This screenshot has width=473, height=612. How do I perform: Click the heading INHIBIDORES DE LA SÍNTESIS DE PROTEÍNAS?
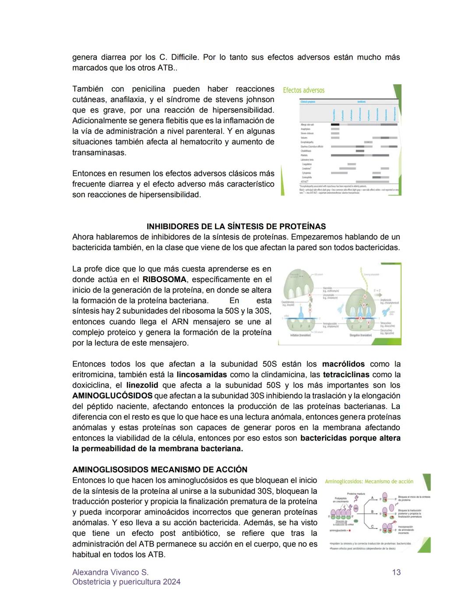pos(236,226)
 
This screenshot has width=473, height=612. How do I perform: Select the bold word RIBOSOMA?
pos(165,279)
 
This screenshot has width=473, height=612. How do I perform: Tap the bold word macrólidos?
pos(343,364)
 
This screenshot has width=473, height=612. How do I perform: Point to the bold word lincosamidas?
pos(202,375)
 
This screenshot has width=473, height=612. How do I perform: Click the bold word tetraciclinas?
pos(346,375)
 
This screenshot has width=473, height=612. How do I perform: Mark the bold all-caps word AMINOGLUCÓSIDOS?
pos(113,396)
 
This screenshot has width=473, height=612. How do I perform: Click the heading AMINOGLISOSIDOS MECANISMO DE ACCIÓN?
pos(160,470)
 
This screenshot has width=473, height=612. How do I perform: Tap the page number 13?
pos(396,572)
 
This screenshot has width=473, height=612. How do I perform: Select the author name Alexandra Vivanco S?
pos(110,572)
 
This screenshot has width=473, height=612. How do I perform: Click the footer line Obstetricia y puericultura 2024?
pos(126,582)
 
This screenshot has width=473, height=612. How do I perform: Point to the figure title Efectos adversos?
pos(304,90)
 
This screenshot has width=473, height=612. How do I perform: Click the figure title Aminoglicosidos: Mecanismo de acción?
pos(369,481)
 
